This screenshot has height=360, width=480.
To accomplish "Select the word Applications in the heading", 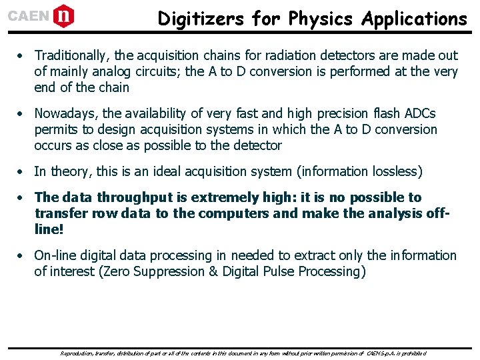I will point(414,19).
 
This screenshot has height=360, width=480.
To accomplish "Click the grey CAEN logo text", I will point(28,15).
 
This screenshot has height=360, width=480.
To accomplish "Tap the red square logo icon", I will point(63,15).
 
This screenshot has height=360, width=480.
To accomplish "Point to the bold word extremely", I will point(221,197).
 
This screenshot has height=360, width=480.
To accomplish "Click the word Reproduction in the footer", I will point(78,353).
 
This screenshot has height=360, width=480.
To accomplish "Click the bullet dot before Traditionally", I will point(22,56).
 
